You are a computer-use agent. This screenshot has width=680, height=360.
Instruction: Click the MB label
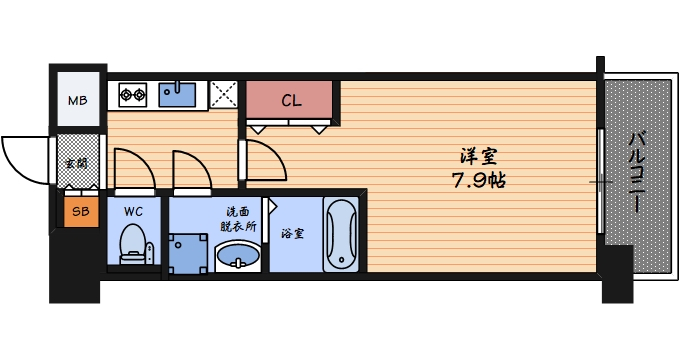click(x=77, y=100)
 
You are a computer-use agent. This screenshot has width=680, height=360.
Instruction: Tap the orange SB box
click(x=80, y=211)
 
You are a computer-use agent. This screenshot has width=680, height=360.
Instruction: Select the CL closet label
click(x=291, y=100)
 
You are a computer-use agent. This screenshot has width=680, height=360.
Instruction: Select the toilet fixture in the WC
click(x=133, y=244)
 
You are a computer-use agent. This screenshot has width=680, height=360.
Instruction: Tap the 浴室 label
click(x=293, y=234)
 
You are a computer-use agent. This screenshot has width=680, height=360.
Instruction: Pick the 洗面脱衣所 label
click(x=238, y=219)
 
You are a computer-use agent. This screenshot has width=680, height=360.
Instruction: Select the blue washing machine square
click(x=191, y=251)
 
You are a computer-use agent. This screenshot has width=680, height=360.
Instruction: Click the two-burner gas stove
click(x=134, y=96)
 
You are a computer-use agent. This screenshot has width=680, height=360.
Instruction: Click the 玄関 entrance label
click(x=75, y=163)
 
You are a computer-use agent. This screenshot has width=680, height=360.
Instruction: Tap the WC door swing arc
click(x=130, y=170)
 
